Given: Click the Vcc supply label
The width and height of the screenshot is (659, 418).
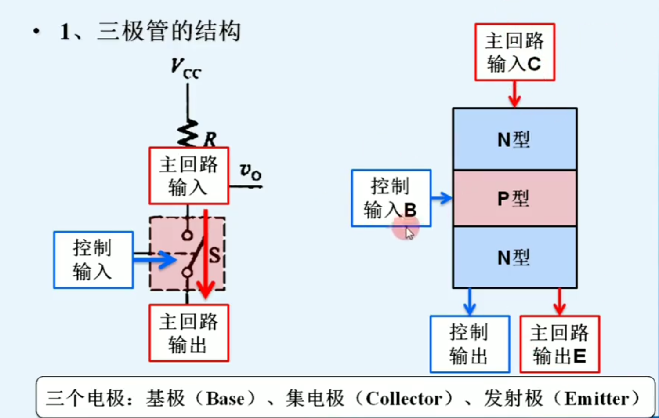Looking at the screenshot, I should click(185, 69).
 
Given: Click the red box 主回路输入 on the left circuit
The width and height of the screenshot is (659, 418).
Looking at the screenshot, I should click(188, 176).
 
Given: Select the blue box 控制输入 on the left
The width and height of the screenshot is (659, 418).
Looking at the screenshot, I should click(93, 260).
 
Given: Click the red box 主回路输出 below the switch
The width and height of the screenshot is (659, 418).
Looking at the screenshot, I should click(188, 333).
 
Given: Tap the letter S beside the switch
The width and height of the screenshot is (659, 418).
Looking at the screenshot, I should click(214, 255).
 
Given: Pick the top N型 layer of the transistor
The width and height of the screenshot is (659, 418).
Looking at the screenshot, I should click(514, 139).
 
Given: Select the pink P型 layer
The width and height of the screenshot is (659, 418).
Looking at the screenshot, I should click(514, 198).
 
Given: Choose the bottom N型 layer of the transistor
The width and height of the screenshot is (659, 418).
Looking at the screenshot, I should click(514, 257).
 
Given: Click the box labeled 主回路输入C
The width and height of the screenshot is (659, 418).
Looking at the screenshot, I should click(514, 52).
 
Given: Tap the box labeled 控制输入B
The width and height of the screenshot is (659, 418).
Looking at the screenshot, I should click(391, 198).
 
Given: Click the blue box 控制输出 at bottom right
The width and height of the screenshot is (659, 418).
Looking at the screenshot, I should click(470, 344).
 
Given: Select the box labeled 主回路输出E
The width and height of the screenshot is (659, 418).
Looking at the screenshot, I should click(560, 344).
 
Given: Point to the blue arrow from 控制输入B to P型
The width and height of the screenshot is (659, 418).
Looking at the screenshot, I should click(442, 198).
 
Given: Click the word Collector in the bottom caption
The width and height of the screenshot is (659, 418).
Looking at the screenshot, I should click(404, 399).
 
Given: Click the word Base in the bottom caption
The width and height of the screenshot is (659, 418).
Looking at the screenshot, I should click(225, 399).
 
